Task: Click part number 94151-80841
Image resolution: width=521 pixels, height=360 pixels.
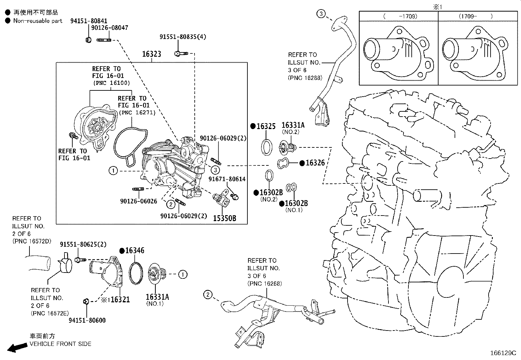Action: point(88,21)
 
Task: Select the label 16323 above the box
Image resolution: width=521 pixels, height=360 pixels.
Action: point(152,54)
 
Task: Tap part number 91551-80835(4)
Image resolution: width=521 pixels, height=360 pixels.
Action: point(183,37)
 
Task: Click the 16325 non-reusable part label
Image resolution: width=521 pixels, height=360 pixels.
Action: point(266,126)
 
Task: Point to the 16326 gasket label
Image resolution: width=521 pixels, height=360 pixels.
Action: point(315,163)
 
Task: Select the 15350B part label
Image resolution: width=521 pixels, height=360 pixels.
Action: point(225,218)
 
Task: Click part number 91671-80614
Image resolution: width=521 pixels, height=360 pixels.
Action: point(227,179)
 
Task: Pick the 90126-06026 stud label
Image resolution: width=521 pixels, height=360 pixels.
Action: point(138,201)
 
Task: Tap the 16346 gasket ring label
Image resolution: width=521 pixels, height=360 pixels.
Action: point(135,251)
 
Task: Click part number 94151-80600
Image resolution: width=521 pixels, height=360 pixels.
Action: point(87,320)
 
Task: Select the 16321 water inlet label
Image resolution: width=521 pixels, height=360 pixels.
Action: point(120,299)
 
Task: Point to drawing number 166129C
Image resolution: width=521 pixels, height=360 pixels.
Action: point(503,353)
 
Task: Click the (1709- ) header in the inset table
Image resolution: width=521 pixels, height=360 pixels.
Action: point(475,16)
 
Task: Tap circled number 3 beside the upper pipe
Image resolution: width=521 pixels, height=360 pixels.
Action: point(321,13)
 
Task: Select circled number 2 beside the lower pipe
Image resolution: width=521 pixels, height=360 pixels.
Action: point(207,294)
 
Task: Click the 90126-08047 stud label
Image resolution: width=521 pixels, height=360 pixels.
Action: point(109,28)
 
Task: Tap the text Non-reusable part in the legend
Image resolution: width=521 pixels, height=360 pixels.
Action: point(38,21)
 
